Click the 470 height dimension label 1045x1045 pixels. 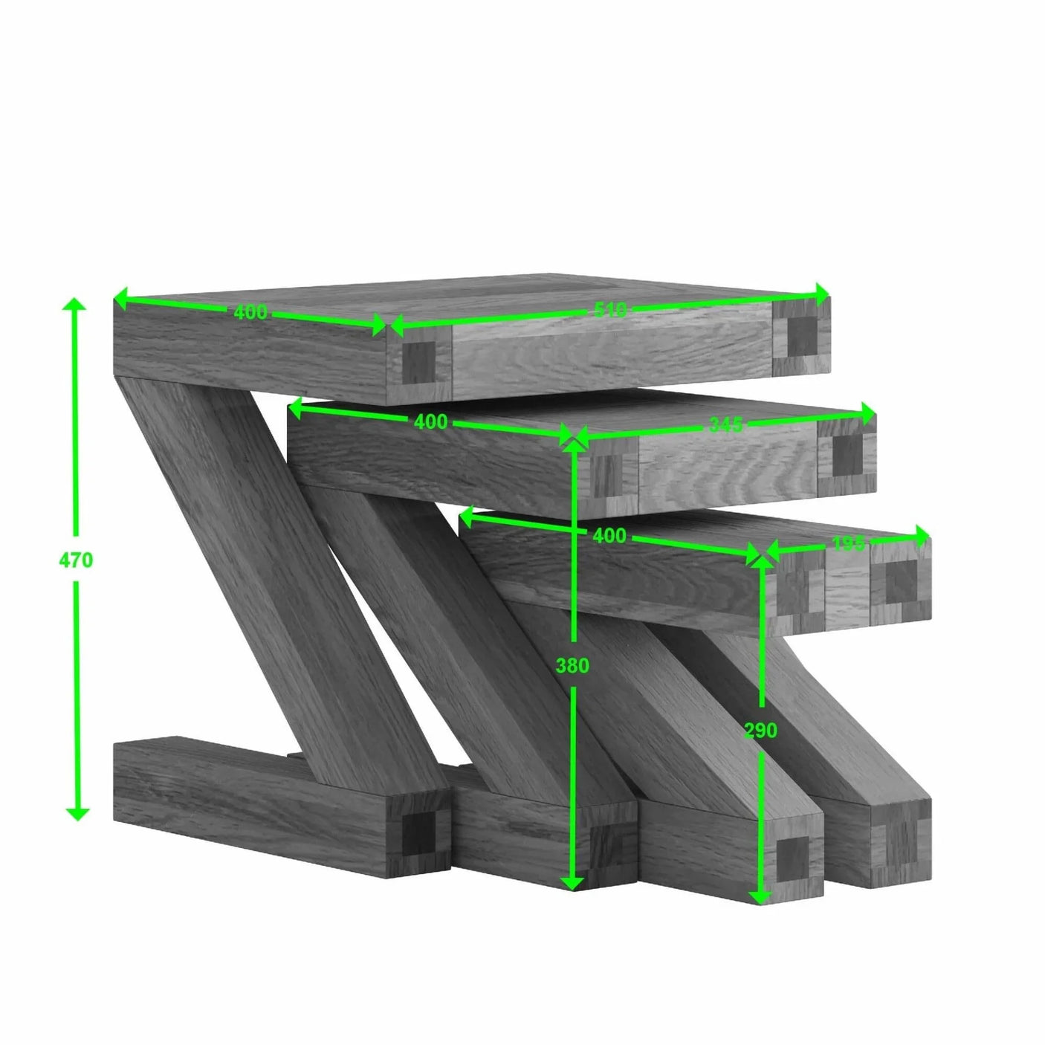tap(76, 560)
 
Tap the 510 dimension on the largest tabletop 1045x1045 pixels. tap(610, 309)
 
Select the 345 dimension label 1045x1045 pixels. tap(725, 424)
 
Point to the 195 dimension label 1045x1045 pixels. tap(847, 543)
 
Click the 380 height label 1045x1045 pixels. tap(572, 665)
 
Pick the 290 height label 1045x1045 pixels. tap(760, 731)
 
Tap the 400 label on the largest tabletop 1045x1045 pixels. tap(250, 312)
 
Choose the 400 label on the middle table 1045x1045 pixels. tap(430, 422)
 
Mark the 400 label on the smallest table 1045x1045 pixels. tap(609, 535)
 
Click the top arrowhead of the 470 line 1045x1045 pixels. tap(76, 305)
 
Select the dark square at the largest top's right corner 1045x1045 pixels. tap(800, 336)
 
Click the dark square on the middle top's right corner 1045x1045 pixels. tap(847, 454)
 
